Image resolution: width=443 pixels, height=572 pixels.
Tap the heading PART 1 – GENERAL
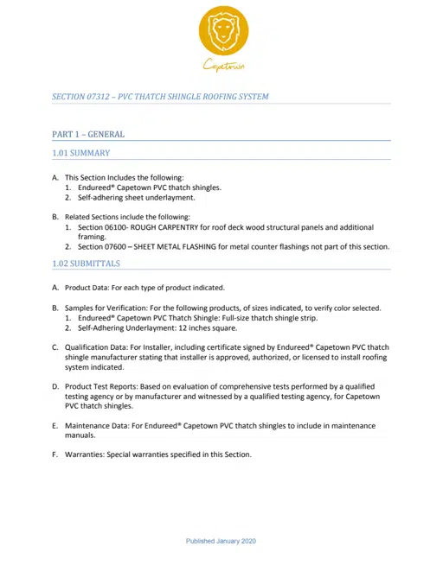click(88, 135)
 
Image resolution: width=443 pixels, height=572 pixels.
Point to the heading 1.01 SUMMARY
click(81, 153)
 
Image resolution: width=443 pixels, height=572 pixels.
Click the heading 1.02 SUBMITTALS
click(87, 264)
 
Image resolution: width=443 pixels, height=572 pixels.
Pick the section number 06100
click(118, 227)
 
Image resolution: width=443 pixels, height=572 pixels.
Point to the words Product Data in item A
click(89, 288)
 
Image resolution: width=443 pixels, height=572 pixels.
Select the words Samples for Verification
click(113, 308)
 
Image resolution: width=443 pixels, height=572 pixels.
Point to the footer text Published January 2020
click(221, 541)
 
